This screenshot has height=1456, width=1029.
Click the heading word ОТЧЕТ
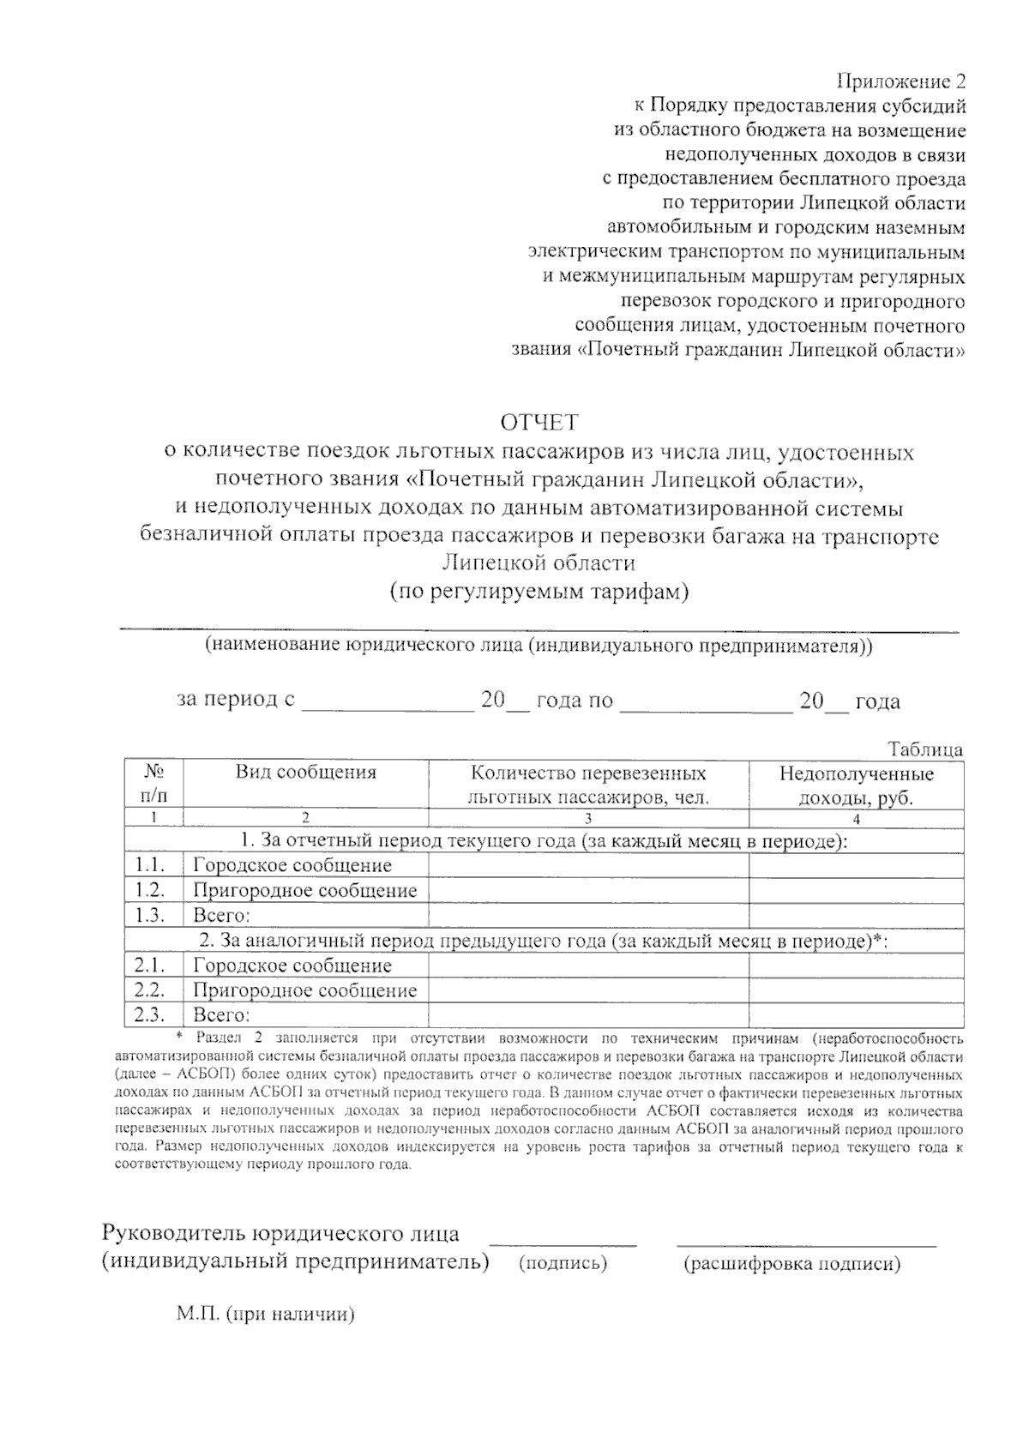(539, 423)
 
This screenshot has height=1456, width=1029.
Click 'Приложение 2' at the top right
(900, 82)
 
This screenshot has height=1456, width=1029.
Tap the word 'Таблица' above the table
(925, 749)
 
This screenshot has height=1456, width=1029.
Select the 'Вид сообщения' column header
(306, 773)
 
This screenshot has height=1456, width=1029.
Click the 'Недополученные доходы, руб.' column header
(856, 785)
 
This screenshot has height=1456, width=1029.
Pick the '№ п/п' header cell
(154, 785)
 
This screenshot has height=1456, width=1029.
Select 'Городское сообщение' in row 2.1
(292, 966)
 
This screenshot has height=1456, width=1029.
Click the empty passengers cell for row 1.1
(588, 866)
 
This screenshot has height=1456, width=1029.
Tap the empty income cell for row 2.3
(856, 1015)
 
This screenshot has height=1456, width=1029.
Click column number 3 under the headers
(588, 818)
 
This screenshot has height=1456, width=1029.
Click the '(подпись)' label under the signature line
(563, 1263)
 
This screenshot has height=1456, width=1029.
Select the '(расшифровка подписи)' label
(791, 1264)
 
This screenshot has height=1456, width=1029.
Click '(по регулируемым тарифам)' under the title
(539, 592)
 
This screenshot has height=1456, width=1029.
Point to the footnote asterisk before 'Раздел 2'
(178, 1037)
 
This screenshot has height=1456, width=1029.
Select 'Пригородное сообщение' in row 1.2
(304, 891)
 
